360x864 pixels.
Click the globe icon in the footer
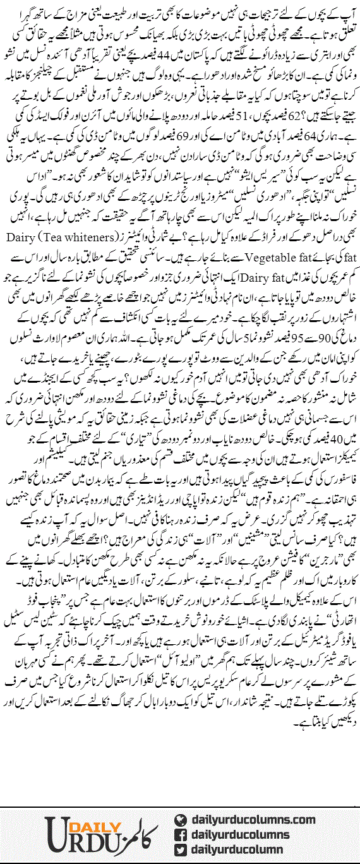click(179, 820)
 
